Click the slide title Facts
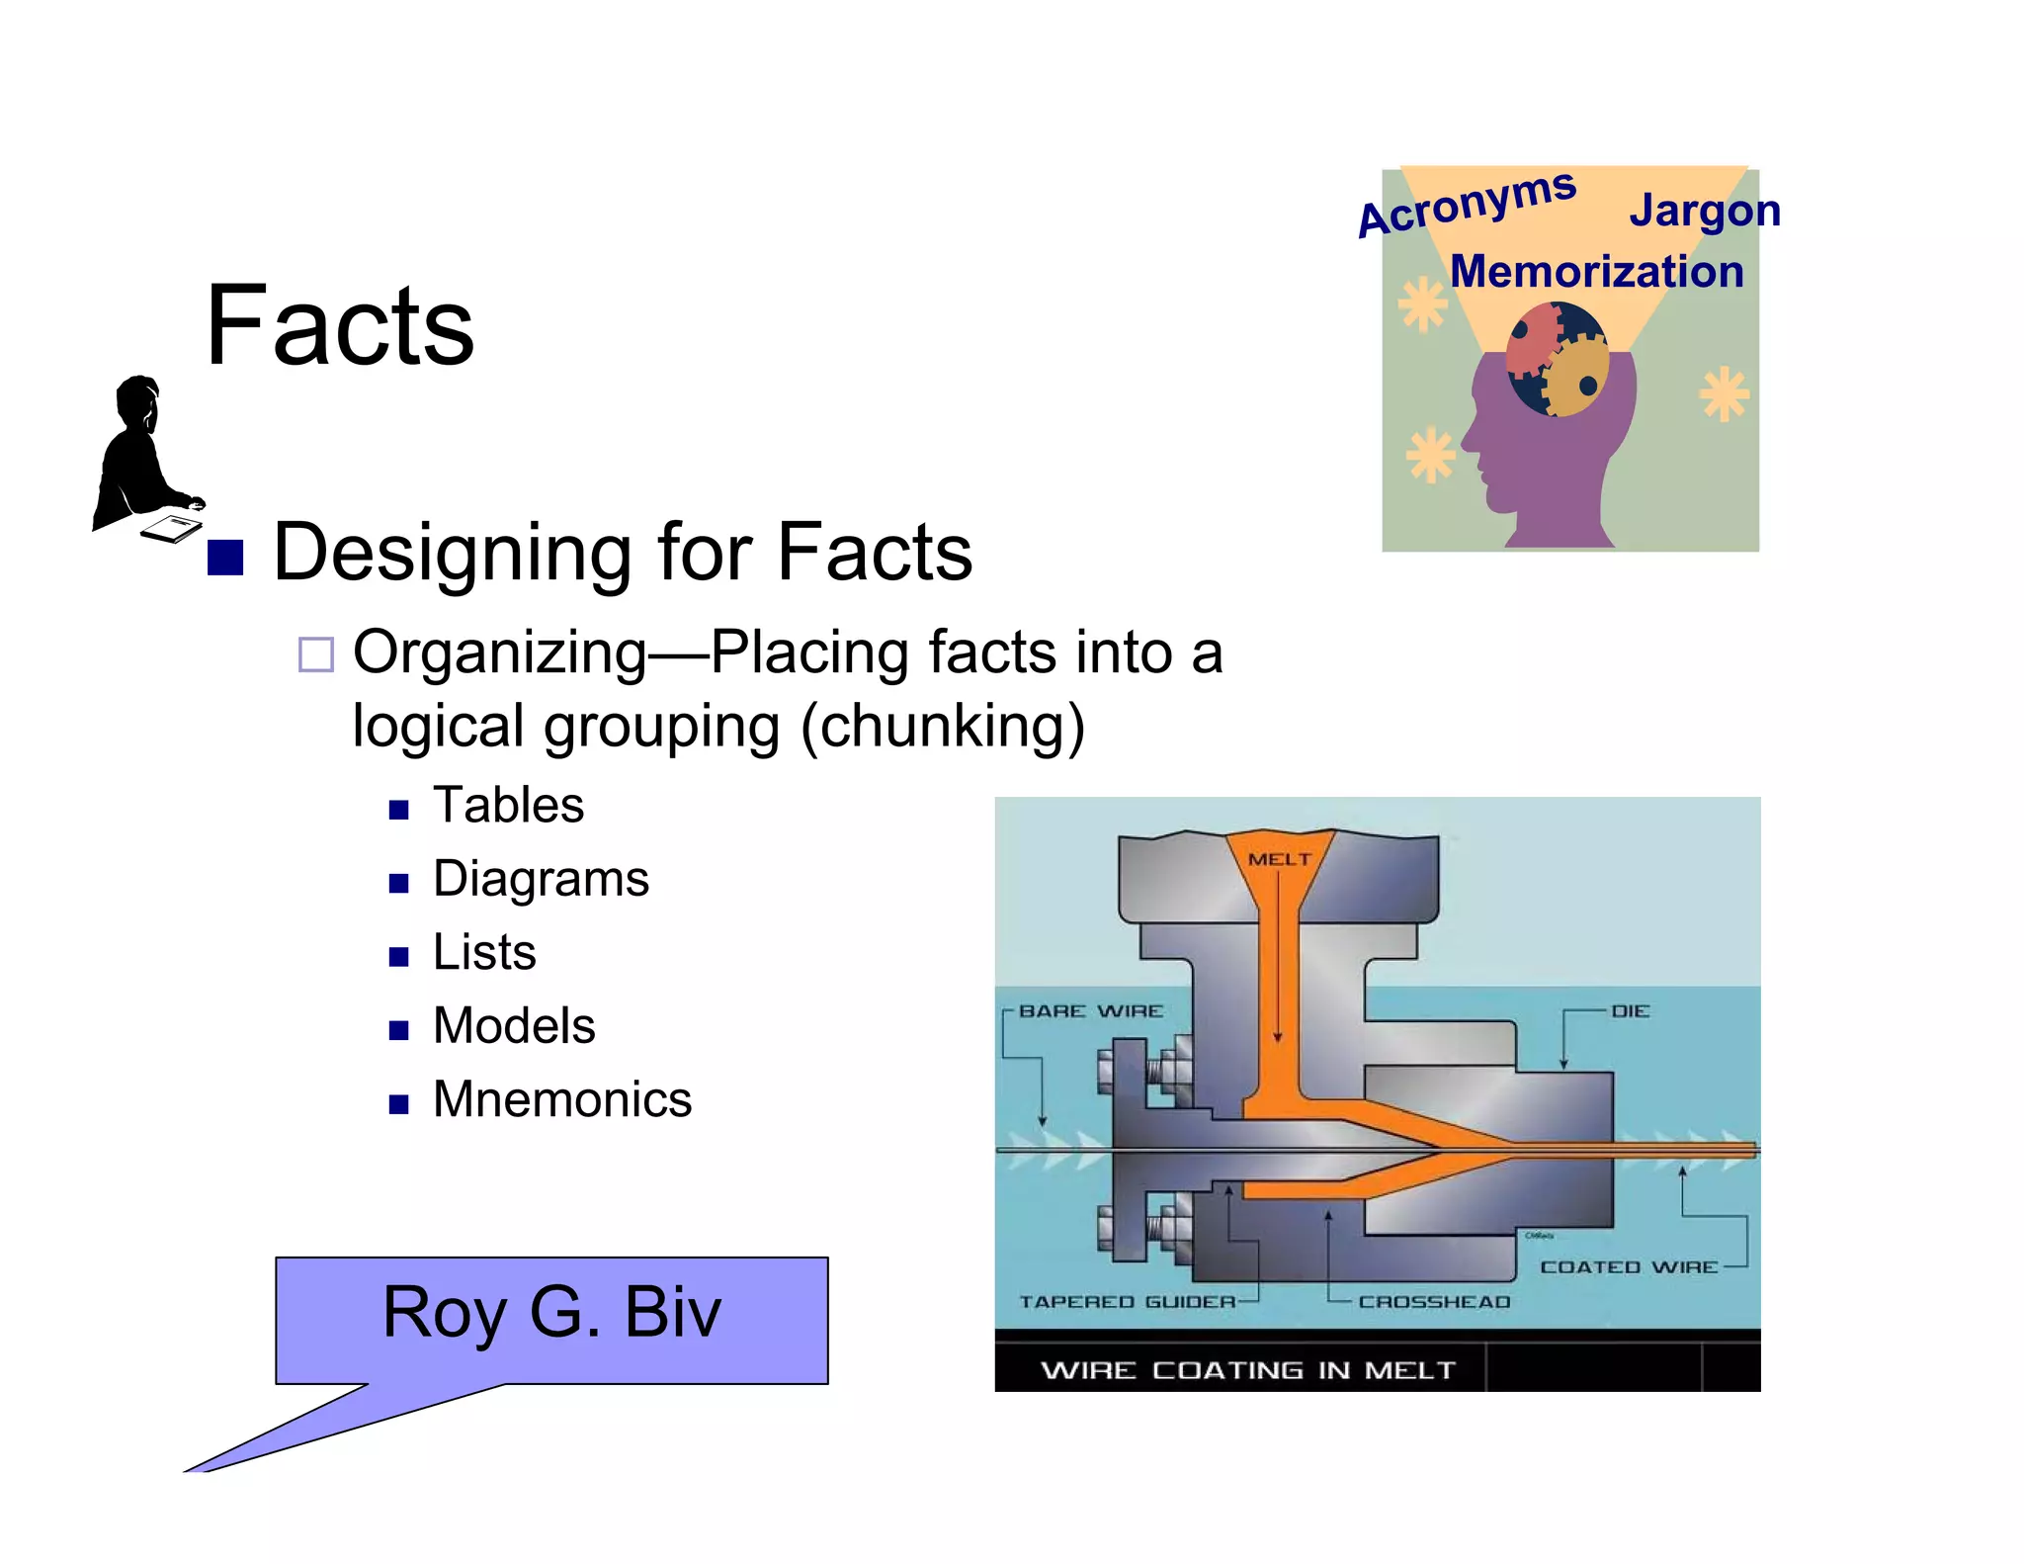pyautogui.click(x=340, y=325)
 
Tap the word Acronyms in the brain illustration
pyautogui.click(x=1467, y=203)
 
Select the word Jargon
pyautogui.click(x=1704, y=212)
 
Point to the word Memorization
pyautogui.click(x=1596, y=272)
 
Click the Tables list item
pyautogui.click(x=508, y=805)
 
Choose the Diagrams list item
pyautogui.click(x=541, y=879)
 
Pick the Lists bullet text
pyautogui.click(x=484, y=952)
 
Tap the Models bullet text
pyautogui.click(x=514, y=1025)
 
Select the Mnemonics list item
pyautogui.click(x=561, y=1099)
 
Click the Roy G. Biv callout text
pyautogui.click(x=551, y=1312)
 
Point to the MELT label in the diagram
pyautogui.click(x=1279, y=859)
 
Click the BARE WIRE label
pyautogui.click(x=1091, y=1011)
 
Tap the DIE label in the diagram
pyautogui.click(x=1630, y=1011)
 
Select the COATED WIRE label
pyautogui.click(x=1629, y=1267)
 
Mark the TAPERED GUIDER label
pyautogui.click(x=1128, y=1302)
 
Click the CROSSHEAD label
pyautogui.click(x=1434, y=1302)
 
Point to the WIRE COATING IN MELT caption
pyautogui.click(x=1248, y=1370)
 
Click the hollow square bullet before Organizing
pyautogui.click(x=316, y=654)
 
